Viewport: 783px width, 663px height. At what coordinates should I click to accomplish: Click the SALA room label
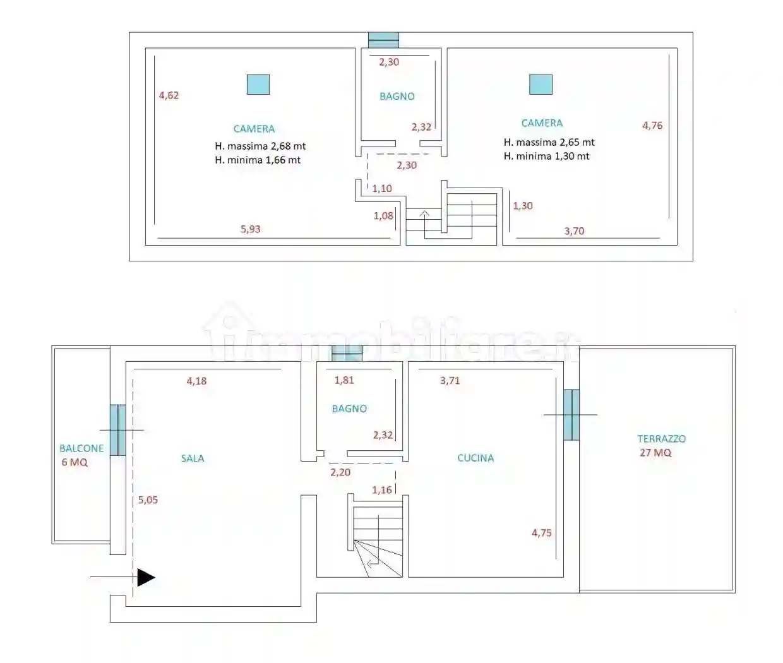pyautogui.click(x=193, y=458)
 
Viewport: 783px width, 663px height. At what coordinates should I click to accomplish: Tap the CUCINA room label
pyautogui.click(x=475, y=458)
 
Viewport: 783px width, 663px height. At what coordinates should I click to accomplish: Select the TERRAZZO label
pyautogui.click(x=661, y=439)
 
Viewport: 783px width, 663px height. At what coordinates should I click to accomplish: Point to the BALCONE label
pyautogui.click(x=81, y=448)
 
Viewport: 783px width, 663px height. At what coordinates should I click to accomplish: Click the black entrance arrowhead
pyautogui.click(x=146, y=577)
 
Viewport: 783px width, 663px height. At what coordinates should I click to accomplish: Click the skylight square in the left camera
pyautogui.click(x=258, y=85)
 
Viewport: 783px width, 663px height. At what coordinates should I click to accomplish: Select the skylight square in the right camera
pyautogui.click(x=541, y=85)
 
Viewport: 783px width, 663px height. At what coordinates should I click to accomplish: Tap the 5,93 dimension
pyautogui.click(x=251, y=229)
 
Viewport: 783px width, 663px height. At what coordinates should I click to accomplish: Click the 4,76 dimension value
pyautogui.click(x=652, y=126)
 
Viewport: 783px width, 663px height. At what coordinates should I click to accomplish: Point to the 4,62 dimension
pyautogui.click(x=169, y=95)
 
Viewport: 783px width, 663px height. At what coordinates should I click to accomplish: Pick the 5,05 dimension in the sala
pyautogui.click(x=148, y=500)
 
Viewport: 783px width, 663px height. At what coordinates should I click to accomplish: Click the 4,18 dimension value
pyautogui.click(x=196, y=381)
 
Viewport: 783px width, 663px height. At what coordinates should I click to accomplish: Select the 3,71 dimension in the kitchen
pyautogui.click(x=450, y=380)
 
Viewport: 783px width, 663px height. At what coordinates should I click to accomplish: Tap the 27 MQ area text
pyautogui.click(x=655, y=453)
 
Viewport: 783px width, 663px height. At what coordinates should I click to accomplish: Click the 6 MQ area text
pyautogui.click(x=75, y=462)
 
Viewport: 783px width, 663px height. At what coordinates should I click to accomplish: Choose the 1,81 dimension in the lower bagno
pyautogui.click(x=344, y=380)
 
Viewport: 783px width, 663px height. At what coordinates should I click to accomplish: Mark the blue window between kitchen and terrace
pyautogui.click(x=571, y=415)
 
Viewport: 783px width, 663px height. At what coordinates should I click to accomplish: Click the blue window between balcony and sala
pyautogui.click(x=118, y=430)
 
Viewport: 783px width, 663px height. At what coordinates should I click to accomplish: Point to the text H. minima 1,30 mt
pyautogui.click(x=546, y=156)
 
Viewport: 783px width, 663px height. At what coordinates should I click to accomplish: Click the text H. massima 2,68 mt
pyautogui.click(x=260, y=146)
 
